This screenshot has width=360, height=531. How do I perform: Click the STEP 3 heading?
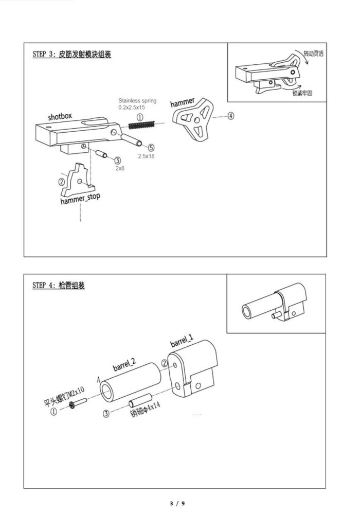click(71, 54)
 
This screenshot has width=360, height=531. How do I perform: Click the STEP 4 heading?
click(59, 285)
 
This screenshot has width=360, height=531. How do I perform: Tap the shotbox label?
click(60, 116)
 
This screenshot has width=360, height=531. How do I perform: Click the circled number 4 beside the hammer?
click(230, 116)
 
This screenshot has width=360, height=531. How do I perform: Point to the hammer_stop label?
click(80, 199)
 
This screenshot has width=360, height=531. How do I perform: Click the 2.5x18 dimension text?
click(146, 156)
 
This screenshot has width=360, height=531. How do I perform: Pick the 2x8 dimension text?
click(120, 168)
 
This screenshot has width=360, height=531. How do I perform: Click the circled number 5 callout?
click(151, 148)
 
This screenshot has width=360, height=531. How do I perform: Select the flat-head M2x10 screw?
click(78, 403)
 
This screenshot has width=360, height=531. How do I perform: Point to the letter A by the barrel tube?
click(98, 379)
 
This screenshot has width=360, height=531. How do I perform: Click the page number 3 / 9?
click(177, 503)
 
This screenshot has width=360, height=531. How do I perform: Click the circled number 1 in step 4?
click(53, 412)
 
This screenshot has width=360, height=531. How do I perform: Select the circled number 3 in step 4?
click(106, 414)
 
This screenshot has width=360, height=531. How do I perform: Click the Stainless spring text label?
click(137, 100)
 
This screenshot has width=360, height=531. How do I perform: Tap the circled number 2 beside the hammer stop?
click(62, 182)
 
